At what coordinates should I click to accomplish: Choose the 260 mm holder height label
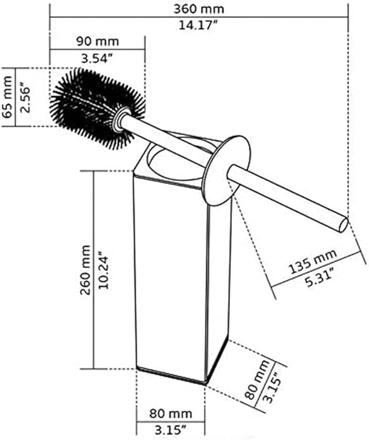tap(86, 269)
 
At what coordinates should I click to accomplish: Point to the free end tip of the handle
tap(342, 224)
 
